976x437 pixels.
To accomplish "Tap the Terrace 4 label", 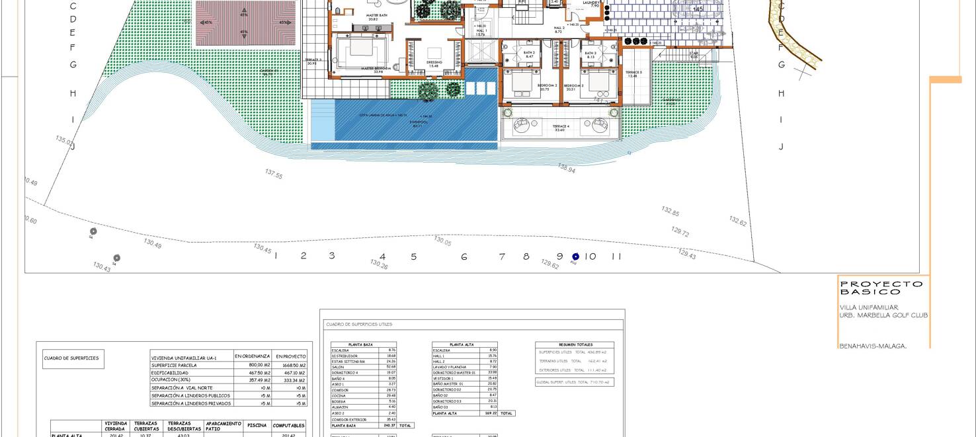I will (559, 128).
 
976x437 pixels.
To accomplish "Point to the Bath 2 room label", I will (529, 55).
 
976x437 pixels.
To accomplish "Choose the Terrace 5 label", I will (633, 74).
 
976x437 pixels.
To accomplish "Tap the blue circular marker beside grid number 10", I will (575, 257).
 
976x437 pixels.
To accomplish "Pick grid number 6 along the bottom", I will (464, 257).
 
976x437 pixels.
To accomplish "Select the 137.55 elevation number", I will (274, 175).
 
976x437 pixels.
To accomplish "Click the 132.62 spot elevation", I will (738, 221).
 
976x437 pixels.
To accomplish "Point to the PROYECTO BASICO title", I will (881, 288).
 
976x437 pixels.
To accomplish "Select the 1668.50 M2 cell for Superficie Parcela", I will (291, 365).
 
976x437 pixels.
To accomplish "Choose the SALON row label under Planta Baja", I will (339, 367).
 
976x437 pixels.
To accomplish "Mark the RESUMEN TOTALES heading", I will (575, 344).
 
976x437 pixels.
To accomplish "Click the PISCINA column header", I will (257, 425).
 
